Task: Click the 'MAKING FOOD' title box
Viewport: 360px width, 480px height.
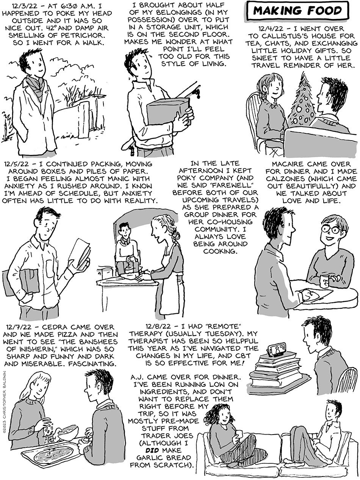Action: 298,11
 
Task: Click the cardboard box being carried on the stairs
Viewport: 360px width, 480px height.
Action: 168,111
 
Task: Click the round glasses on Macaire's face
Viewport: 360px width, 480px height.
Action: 331,230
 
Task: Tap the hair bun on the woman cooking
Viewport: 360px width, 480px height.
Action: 176,236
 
